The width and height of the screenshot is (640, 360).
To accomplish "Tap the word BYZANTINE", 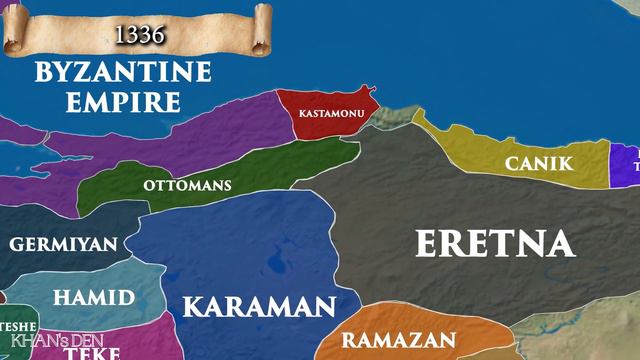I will tap(122, 73).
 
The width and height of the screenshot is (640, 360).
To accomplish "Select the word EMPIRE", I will tap(122, 101).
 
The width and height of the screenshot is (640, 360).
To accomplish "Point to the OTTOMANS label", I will tap(187, 185).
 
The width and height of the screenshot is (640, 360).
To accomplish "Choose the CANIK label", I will tap(538, 163).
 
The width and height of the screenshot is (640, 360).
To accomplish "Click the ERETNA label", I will tap(494, 243).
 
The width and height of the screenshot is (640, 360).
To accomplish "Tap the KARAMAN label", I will tap(257, 306).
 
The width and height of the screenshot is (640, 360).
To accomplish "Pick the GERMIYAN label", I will tap(63, 244).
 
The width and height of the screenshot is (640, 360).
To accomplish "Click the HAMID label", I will tap(93, 297).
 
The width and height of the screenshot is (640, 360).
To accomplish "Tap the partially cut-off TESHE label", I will tap(18, 327).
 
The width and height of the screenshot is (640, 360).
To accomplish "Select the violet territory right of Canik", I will tap(626, 165).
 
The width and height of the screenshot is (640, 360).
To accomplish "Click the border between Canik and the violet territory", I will tap(610, 165).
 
